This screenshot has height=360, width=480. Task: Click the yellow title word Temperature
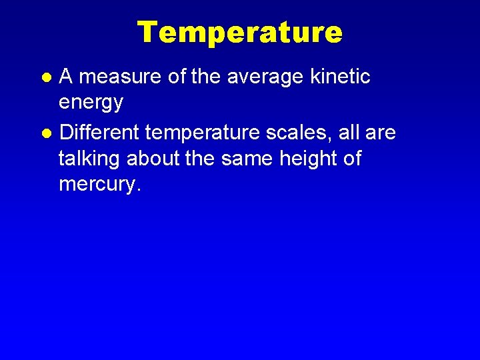click(x=239, y=32)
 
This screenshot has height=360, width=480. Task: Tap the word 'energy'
click(x=91, y=103)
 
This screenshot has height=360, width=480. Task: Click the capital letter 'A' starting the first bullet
click(x=65, y=77)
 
